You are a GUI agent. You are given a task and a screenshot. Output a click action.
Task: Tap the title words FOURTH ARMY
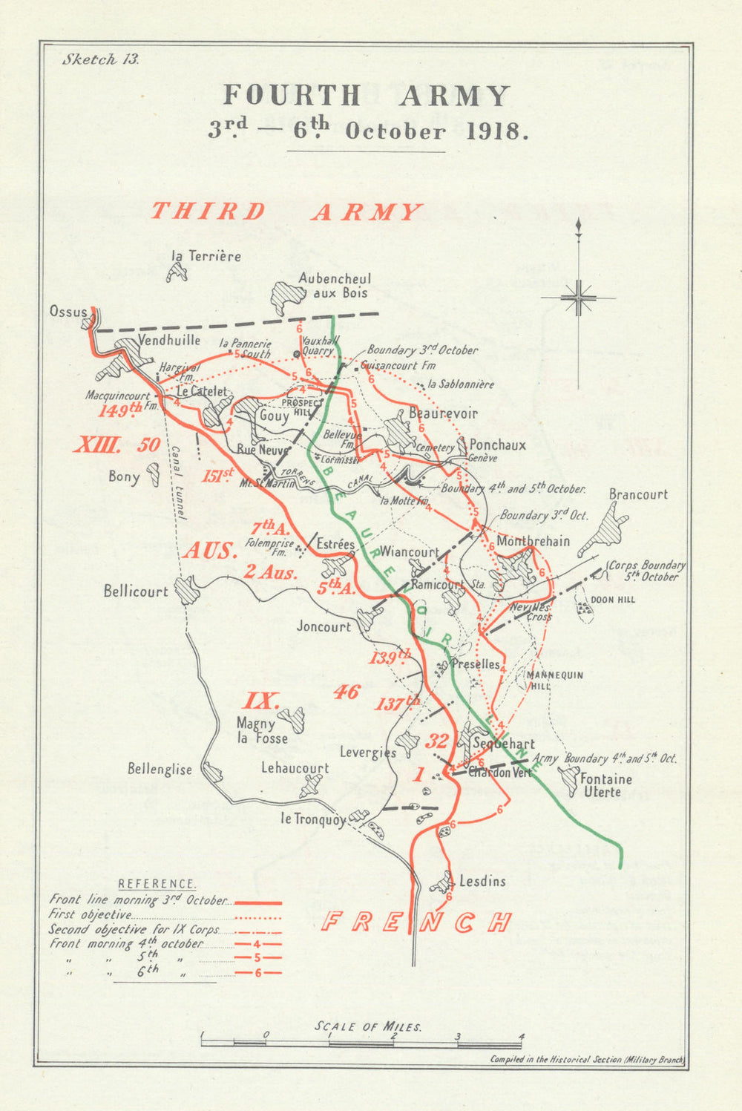click(x=367, y=96)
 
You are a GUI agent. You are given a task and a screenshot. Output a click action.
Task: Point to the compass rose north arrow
click(x=578, y=297)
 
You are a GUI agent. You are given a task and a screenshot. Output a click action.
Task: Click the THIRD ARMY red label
click(x=286, y=212)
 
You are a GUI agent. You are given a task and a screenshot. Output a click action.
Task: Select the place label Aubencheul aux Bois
click(x=335, y=286)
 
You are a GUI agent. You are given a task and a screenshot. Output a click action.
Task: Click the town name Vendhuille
click(x=169, y=340)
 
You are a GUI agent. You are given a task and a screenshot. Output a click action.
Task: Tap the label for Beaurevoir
click(x=443, y=413)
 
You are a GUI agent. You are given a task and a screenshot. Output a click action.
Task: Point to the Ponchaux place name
click(x=498, y=445)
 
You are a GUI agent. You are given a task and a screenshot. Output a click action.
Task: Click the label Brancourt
click(x=638, y=494)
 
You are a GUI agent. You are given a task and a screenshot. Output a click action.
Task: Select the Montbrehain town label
click(x=533, y=541)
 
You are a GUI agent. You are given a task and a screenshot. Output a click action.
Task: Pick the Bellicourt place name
click(x=136, y=591)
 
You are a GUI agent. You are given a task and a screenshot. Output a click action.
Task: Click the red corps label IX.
click(x=260, y=700)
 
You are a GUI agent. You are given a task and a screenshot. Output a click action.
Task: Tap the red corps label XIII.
click(x=97, y=445)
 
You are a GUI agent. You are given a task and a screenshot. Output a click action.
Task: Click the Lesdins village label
click(x=482, y=881)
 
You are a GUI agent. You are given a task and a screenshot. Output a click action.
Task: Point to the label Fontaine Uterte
click(x=606, y=785)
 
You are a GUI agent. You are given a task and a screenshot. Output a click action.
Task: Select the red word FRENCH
click(x=417, y=922)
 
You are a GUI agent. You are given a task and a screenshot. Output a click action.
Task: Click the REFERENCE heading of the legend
click(x=157, y=884)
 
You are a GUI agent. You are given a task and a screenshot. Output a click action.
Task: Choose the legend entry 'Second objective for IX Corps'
click(x=134, y=929)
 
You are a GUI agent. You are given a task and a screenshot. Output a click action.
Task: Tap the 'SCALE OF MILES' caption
click(x=368, y=1026)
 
